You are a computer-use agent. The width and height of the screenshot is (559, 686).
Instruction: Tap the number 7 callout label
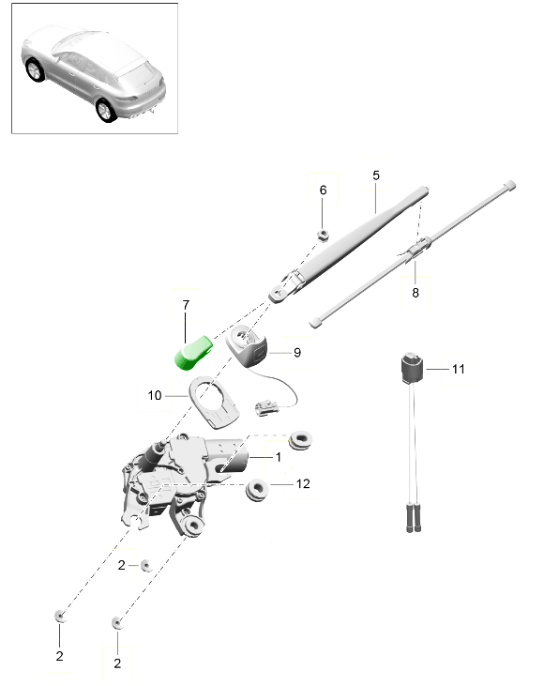[186, 306]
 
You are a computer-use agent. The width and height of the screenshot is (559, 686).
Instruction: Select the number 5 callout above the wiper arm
[375, 175]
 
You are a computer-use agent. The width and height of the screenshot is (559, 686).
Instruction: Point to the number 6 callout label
[323, 191]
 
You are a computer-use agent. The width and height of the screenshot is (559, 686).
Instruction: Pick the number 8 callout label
[415, 293]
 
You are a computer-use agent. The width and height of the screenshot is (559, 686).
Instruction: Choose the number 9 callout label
[296, 353]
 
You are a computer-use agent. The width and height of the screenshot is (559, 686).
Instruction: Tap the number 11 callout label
[458, 369]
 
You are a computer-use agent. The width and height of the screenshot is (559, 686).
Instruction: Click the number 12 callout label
[302, 484]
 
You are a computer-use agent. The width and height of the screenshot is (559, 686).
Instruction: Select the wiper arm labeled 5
[356, 238]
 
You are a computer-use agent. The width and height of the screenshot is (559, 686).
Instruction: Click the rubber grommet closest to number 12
[257, 489]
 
